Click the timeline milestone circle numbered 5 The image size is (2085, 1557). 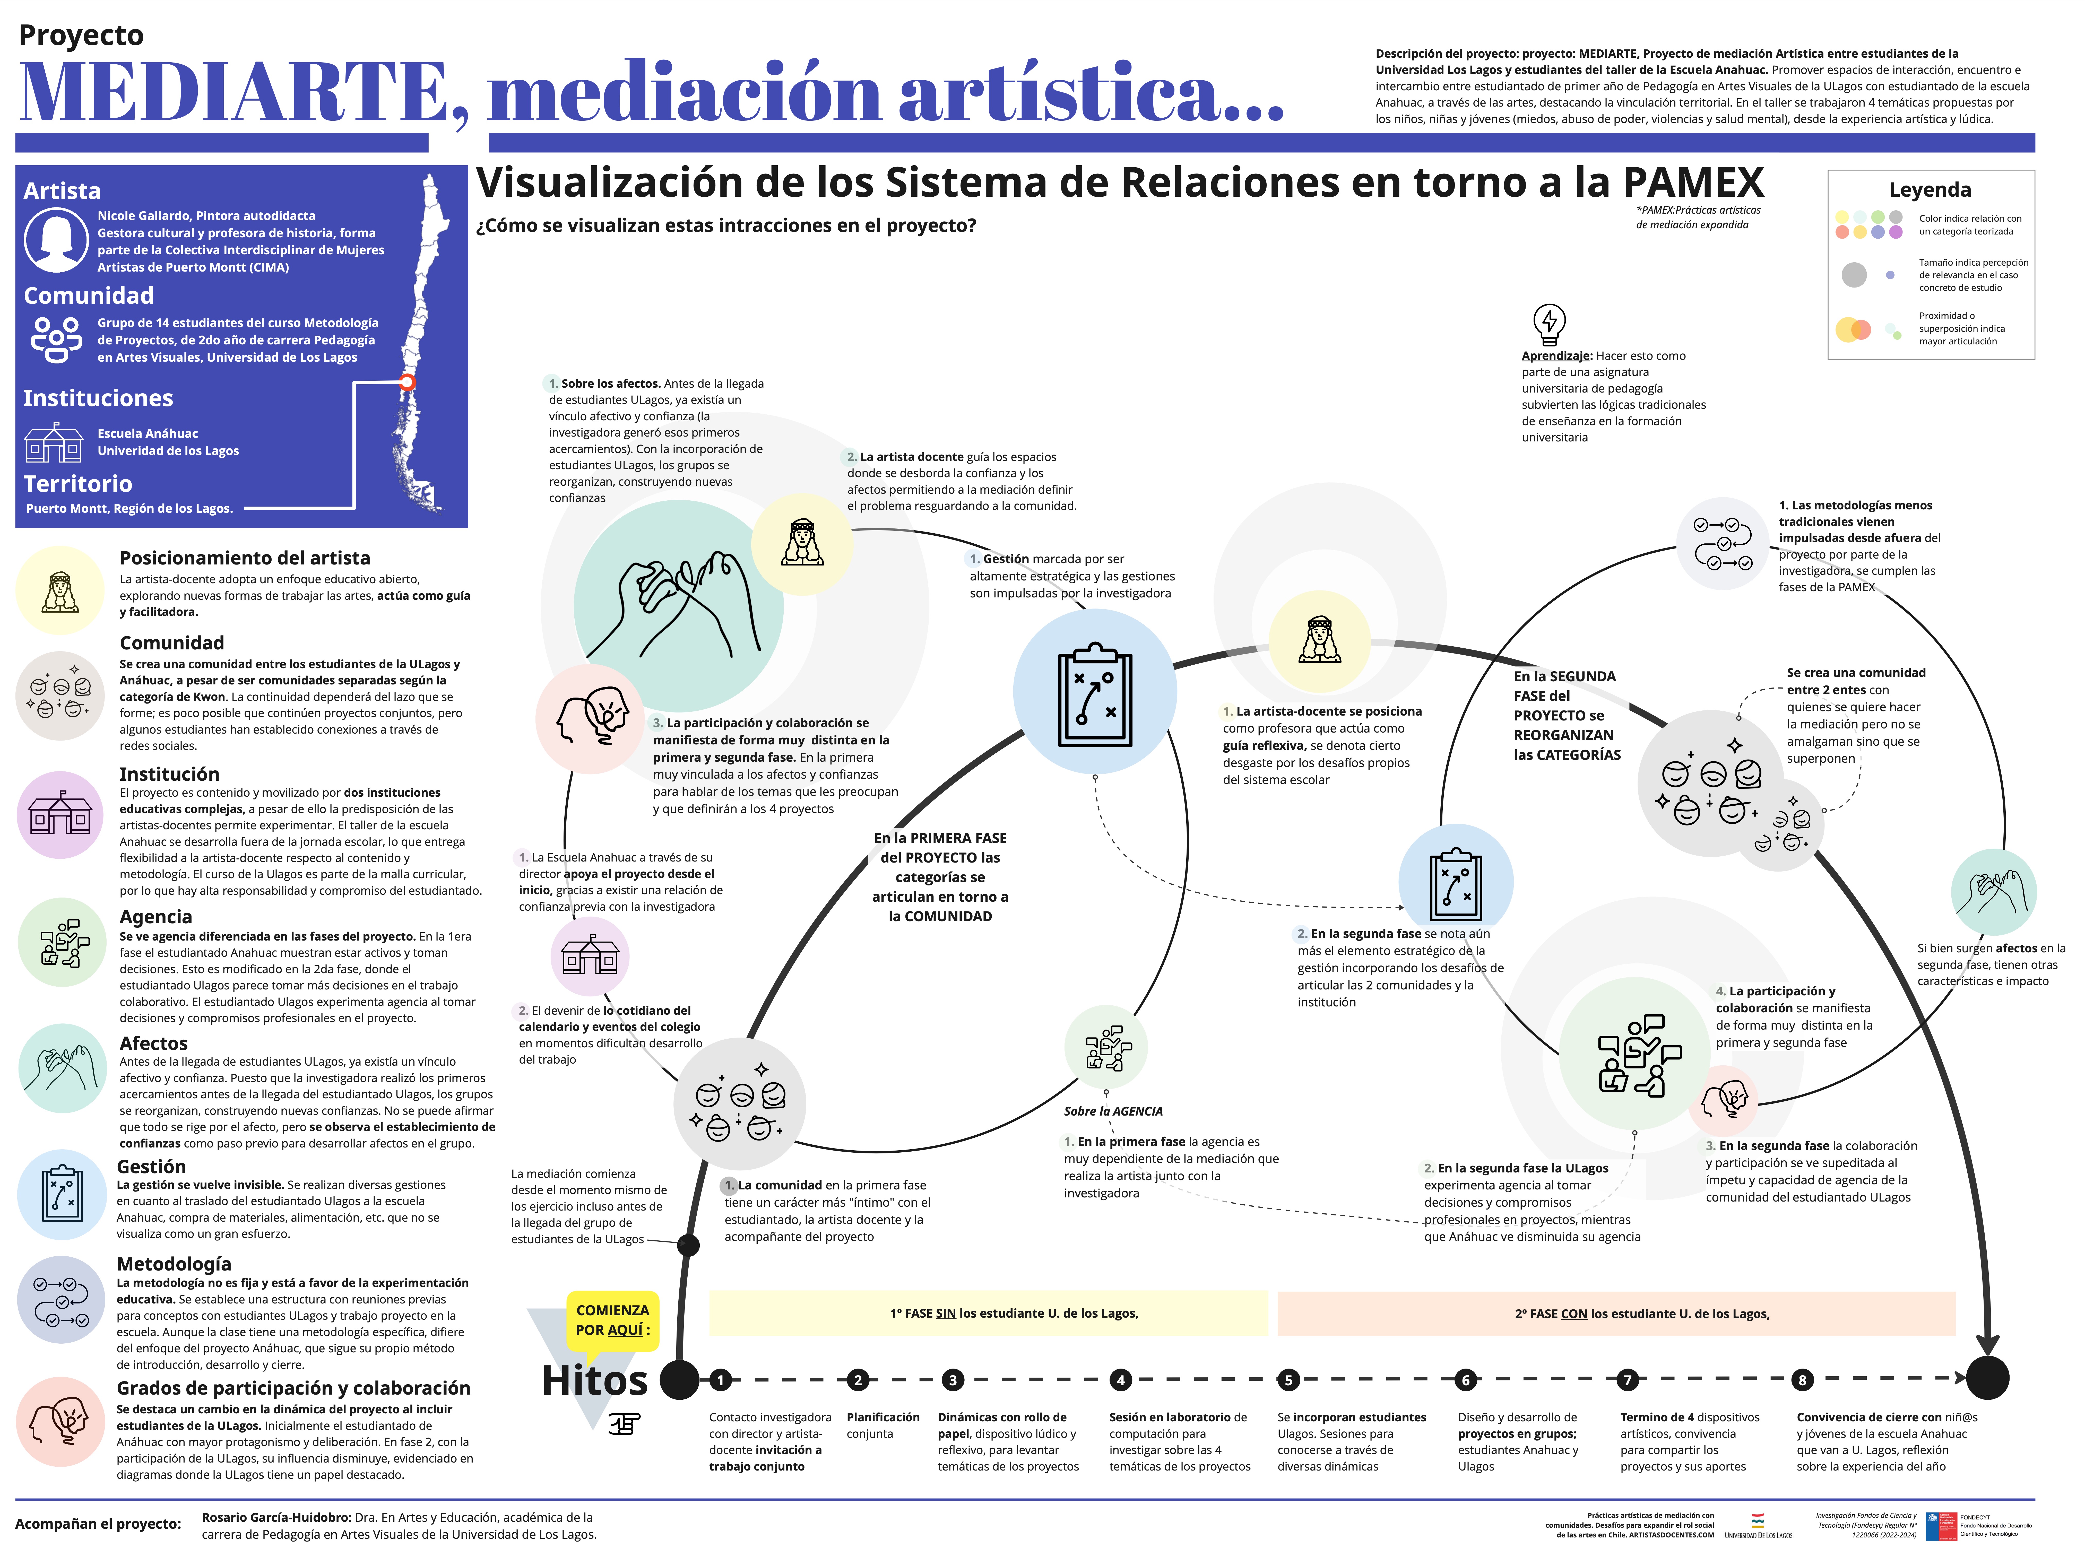coord(1287,1380)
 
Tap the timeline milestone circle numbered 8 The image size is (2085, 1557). coord(1802,1380)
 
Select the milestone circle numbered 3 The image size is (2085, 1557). coord(953,1380)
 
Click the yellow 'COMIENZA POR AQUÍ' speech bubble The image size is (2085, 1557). coord(613,1321)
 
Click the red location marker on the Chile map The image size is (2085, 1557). coord(407,382)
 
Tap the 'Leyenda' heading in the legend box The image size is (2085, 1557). coord(1930,189)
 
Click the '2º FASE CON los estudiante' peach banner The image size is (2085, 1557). coord(1616,1313)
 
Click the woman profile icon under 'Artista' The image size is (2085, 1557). coord(57,240)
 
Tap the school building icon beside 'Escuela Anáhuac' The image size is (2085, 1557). coord(54,442)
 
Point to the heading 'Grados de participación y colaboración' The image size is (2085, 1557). coord(293,1387)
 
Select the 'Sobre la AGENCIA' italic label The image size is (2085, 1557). coord(1113,1111)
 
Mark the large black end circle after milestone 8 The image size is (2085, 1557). coord(1987,1378)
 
